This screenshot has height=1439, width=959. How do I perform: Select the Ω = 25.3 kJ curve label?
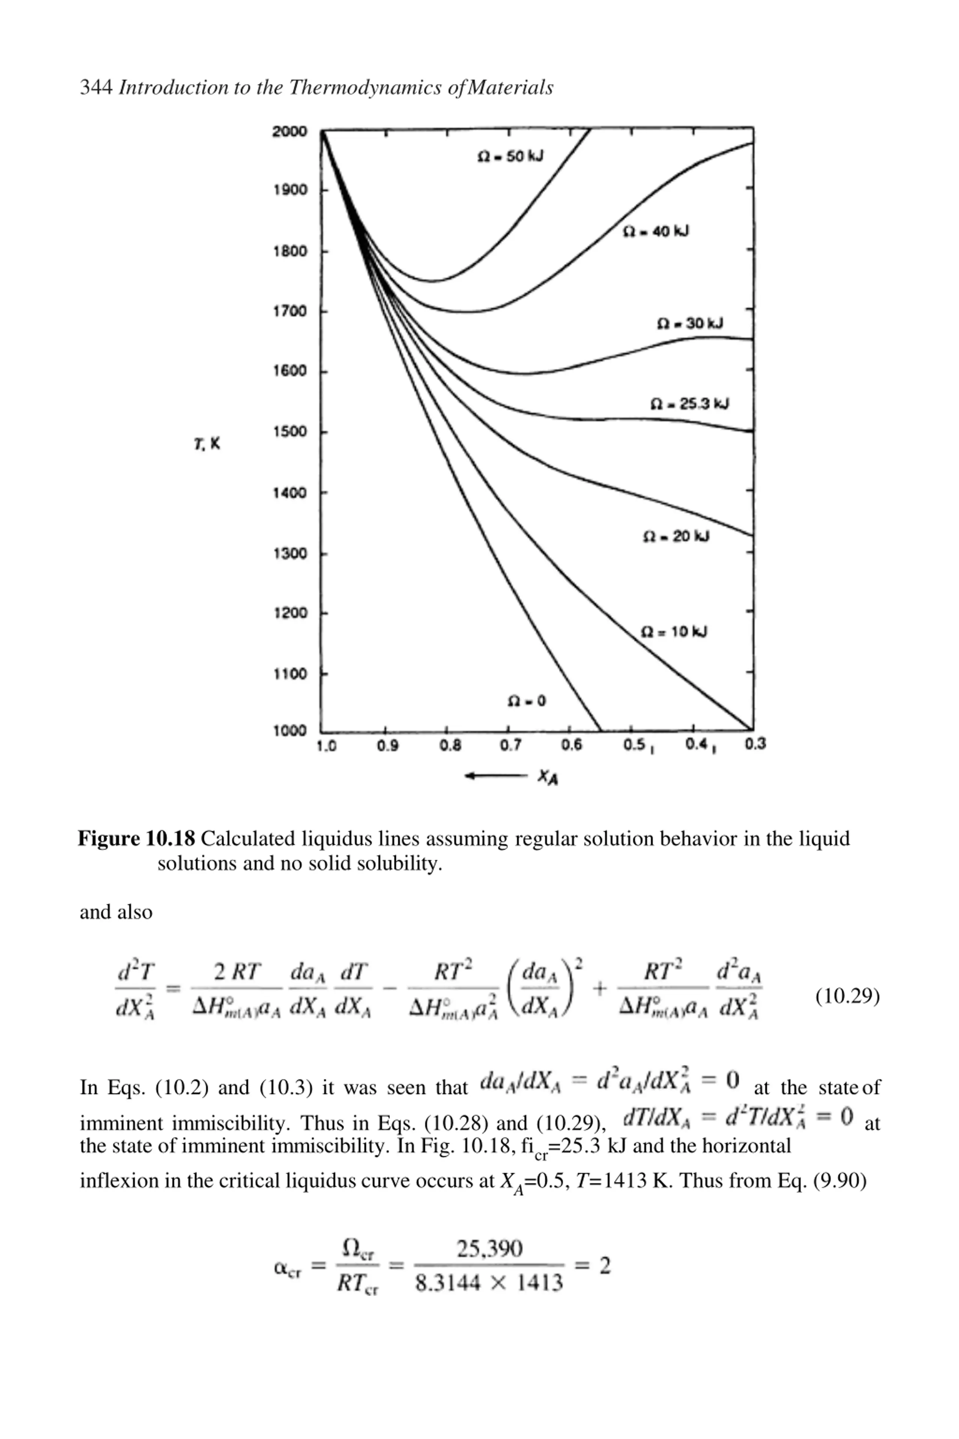689,404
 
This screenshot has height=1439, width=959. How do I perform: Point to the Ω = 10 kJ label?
674,631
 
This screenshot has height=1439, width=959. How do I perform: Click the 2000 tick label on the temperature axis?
289,132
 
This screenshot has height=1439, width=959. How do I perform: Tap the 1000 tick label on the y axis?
289,730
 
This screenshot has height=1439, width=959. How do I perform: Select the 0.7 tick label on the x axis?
511,746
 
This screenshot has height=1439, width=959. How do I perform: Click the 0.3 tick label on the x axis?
755,744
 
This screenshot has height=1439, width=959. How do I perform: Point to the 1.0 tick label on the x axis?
326,746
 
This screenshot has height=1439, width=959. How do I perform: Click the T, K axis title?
207,444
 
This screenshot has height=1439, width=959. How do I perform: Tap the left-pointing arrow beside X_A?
495,776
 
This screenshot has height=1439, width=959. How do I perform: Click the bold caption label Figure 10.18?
136,838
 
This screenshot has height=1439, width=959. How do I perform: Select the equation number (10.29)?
847,996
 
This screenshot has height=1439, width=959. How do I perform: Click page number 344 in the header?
96,87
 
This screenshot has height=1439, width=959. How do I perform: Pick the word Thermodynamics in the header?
366,87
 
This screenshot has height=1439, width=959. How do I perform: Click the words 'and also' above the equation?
116,912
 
